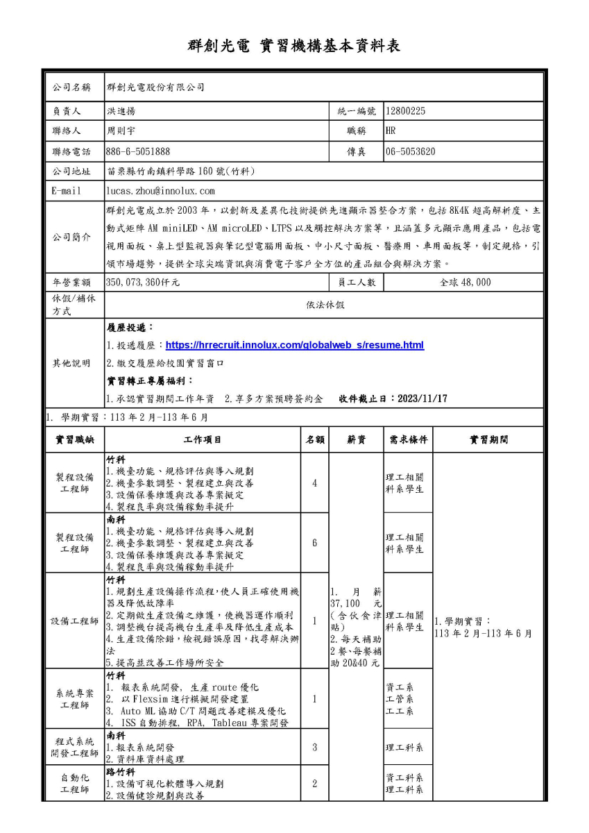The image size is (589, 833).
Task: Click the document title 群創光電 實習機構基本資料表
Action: click(x=294, y=46)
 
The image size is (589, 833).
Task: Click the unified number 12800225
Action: click(x=406, y=110)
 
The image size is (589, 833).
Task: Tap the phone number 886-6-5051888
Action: click(x=138, y=151)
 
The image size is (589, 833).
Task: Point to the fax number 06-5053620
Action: click(x=411, y=151)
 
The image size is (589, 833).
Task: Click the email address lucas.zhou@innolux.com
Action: click(x=160, y=191)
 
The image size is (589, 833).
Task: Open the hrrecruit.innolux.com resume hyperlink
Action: click(x=295, y=345)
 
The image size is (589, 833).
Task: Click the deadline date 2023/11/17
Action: click(x=421, y=398)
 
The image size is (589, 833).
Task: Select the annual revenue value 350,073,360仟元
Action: click(x=143, y=283)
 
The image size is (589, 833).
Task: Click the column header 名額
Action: click(x=314, y=439)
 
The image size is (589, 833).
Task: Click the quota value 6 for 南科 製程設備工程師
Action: click(x=314, y=542)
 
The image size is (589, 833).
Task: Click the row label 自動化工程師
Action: click(x=75, y=784)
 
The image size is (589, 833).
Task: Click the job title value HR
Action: click(x=391, y=131)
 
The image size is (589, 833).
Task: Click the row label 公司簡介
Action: click(x=72, y=237)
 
